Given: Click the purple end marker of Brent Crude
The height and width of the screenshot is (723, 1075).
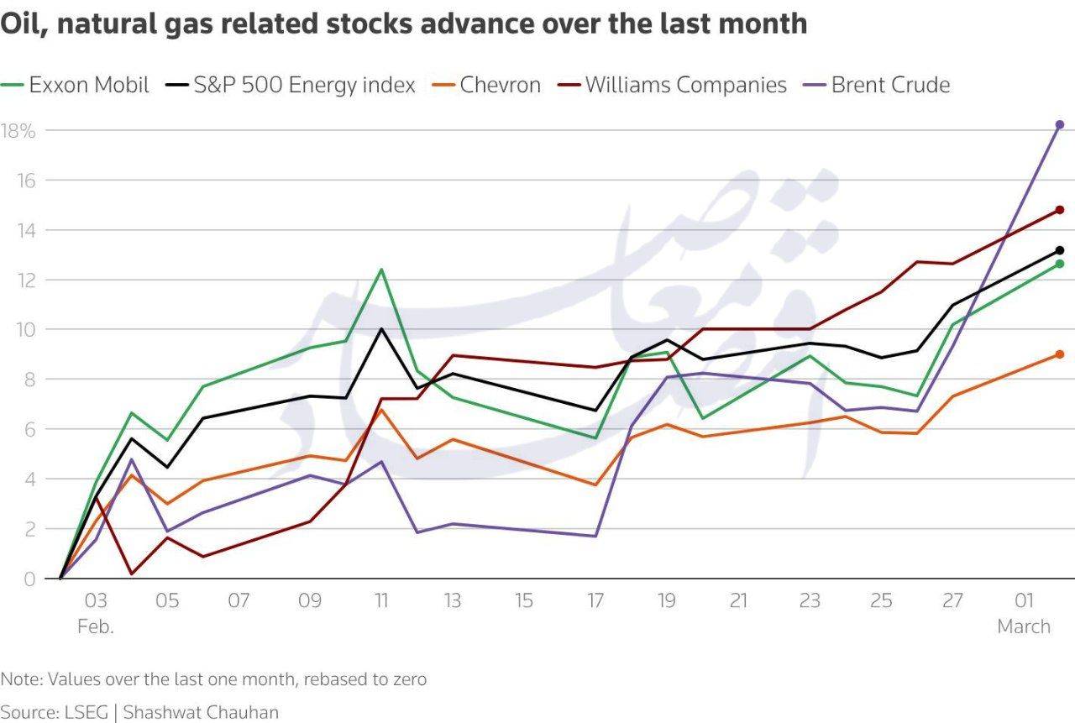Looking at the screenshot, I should pyautogui.click(x=1059, y=124).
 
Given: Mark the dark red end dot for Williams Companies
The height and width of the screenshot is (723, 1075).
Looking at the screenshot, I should pyautogui.click(x=1059, y=210).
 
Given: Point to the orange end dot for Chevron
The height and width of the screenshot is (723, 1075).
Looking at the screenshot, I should pyautogui.click(x=1059, y=354).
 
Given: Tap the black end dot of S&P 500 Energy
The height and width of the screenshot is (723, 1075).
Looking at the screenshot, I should pyautogui.click(x=1059, y=250).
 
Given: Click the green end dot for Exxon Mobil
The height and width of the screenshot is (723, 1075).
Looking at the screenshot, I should pyautogui.click(x=1059, y=264).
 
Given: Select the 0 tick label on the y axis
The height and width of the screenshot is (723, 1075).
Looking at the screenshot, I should pyautogui.click(x=29, y=579).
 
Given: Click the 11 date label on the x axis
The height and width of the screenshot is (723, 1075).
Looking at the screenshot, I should pyautogui.click(x=381, y=601).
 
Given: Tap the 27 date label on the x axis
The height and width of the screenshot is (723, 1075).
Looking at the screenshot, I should pyautogui.click(x=953, y=601).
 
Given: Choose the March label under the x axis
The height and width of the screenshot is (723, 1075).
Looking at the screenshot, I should pyautogui.click(x=1024, y=626).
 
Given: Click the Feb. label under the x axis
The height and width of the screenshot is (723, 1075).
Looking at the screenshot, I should pyautogui.click(x=95, y=626).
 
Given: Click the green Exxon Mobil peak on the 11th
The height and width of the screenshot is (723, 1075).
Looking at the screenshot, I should pyautogui.click(x=381, y=270).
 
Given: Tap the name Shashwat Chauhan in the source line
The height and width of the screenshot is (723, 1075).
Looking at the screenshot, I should pyautogui.click(x=201, y=712).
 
